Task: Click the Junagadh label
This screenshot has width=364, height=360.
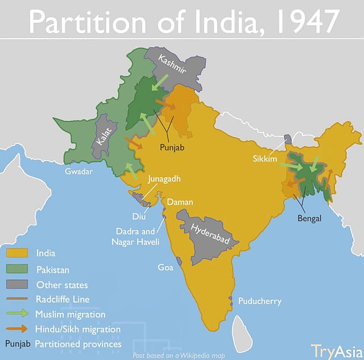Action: [x=164, y=179]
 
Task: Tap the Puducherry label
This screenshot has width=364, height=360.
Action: [x=259, y=301]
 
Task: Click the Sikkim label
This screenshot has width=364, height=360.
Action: [x=264, y=159]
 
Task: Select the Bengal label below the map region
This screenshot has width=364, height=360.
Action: [x=309, y=218]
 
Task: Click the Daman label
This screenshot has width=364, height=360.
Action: [x=180, y=202]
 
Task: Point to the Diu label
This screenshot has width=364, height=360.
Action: [x=139, y=216]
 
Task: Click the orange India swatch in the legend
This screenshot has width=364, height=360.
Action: [x=16, y=253]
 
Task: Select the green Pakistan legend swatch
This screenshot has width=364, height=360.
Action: [x=16, y=269]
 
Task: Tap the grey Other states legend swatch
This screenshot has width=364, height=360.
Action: [x=16, y=284]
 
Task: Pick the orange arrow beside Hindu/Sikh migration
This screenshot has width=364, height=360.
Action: [x=16, y=329]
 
